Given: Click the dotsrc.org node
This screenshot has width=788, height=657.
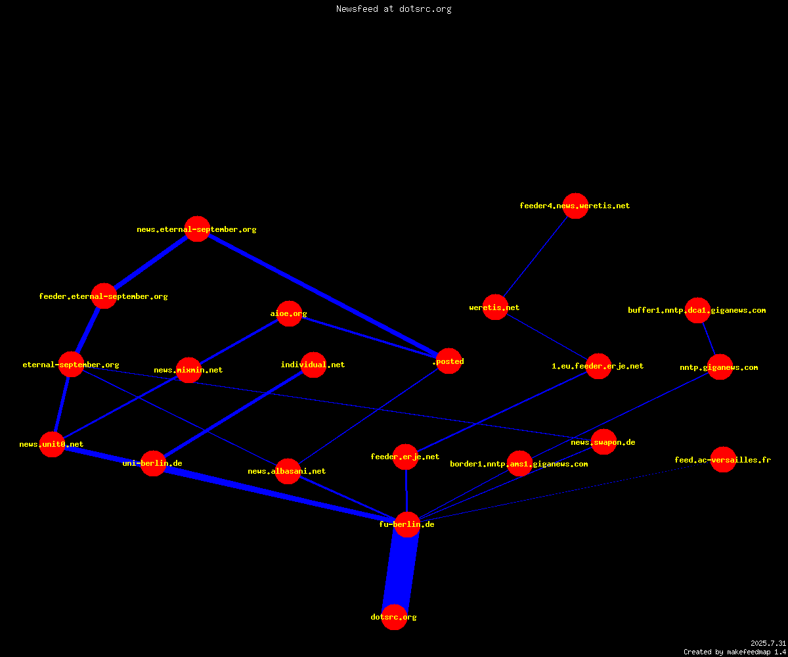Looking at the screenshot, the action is click(x=394, y=617).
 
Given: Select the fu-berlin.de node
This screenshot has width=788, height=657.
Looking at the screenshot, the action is click(x=407, y=524).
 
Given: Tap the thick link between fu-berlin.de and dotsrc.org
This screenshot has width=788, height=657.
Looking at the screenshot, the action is click(x=401, y=570).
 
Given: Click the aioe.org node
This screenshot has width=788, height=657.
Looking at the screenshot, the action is click(x=289, y=313).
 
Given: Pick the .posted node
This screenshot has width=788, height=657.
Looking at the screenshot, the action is click(x=449, y=361).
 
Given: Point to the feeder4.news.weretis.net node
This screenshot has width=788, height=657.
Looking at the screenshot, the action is click(x=575, y=206).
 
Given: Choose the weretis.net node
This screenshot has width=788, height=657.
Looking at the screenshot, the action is click(x=495, y=307).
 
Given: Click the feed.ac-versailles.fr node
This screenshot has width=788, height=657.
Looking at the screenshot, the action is click(x=723, y=459).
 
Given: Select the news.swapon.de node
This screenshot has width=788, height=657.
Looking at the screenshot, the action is click(x=604, y=442).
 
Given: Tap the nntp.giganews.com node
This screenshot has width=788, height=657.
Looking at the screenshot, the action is click(x=720, y=367).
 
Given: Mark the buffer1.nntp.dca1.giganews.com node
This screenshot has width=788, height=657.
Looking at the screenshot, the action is click(x=698, y=310).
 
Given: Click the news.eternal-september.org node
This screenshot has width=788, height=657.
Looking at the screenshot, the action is click(x=198, y=229).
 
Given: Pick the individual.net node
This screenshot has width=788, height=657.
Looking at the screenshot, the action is click(x=313, y=365).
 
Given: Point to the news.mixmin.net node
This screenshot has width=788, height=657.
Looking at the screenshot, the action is click(x=188, y=370).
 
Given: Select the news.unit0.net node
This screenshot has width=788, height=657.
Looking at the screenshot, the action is click(x=52, y=444).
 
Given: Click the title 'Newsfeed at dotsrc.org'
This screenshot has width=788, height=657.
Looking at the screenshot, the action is click(x=393, y=9).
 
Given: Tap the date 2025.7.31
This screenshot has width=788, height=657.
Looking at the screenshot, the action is click(x=768, y=643).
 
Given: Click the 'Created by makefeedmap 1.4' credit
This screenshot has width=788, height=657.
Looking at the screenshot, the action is click(x=735, y=652).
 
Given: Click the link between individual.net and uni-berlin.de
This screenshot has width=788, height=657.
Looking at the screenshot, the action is click(x=233, y=414).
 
